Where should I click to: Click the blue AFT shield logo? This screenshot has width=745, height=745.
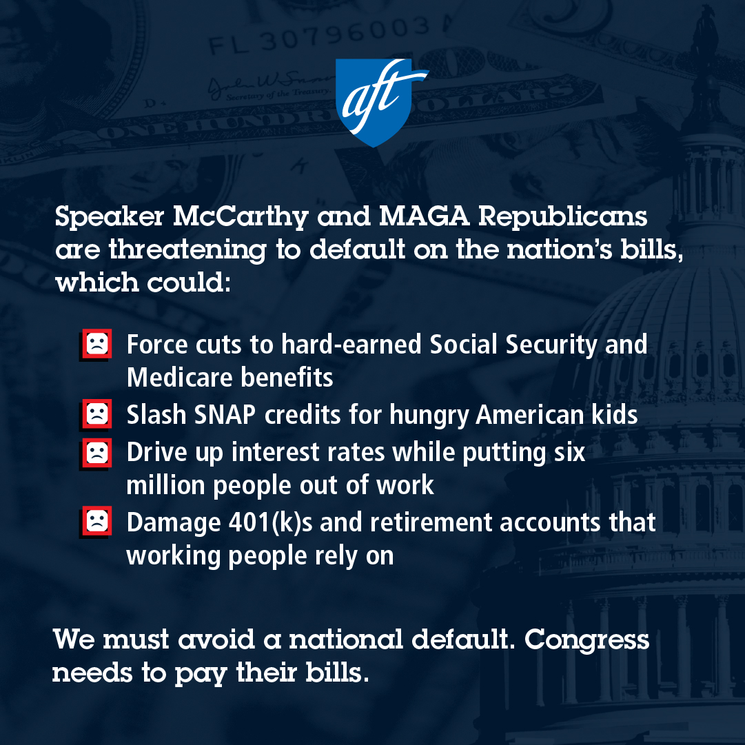click(x=378, y=102)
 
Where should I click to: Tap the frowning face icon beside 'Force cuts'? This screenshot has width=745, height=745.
click(x=96, y=344)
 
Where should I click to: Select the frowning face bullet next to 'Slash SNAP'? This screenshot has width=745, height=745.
click(x=96, y=414)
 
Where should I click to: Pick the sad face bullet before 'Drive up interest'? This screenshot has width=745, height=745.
click(x=96, y=453)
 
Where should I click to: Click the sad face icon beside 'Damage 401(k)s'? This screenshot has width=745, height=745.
click(x=96, y=522)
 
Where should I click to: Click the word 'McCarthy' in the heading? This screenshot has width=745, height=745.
click(x=241, y=217)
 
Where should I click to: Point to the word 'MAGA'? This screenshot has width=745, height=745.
click(x=425, y=216)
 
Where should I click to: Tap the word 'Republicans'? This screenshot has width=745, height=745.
click(x=562, y=217)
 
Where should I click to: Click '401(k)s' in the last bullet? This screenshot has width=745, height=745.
click(x=271, y=522)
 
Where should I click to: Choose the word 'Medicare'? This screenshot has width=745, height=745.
click(x=179, y=378)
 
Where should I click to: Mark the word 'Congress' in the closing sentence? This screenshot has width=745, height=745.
click(x=586, y=640)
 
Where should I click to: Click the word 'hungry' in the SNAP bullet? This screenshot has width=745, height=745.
click(x=429, y=416)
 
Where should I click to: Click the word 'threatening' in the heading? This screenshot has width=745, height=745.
click(x=187, y=250)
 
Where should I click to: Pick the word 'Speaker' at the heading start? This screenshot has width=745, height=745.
click(x=110, y=217)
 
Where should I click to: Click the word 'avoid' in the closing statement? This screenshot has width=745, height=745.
click(x=216, y=640)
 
